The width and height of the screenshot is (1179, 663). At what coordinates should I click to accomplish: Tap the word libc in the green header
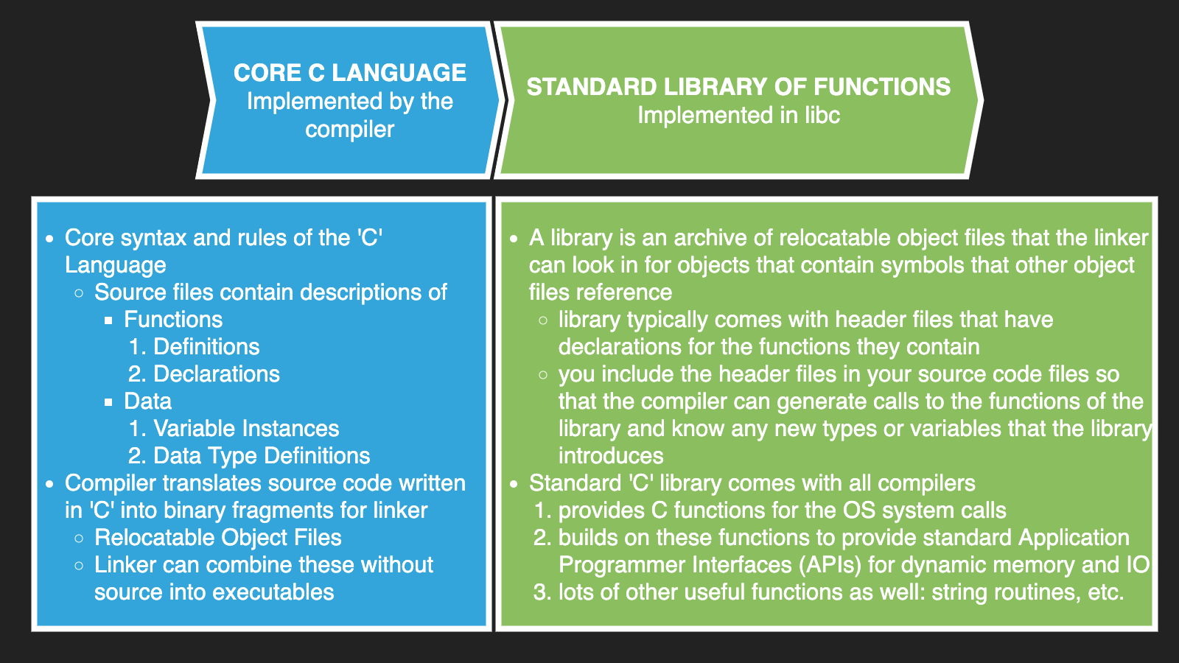click(822, 116)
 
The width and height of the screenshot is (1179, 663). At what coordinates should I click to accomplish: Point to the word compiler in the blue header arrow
click(350, 130)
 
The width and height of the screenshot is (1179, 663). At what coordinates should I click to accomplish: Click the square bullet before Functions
click(108, 320)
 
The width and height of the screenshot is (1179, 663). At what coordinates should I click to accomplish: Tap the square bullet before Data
click(108, 402)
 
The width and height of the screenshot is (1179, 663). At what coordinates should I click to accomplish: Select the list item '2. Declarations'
click(204, 374)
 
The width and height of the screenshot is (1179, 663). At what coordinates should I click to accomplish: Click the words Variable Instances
click(246, 429)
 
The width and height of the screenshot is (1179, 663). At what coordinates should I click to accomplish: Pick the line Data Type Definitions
click(262, 456)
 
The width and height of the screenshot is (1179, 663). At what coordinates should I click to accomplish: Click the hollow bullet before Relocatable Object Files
click(79, 539)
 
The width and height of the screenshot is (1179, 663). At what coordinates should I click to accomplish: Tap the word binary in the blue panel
click(194, 511)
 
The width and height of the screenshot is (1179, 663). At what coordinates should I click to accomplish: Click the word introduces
click(611, 456)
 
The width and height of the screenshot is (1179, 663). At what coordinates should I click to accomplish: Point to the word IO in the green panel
click(1138, 565)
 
